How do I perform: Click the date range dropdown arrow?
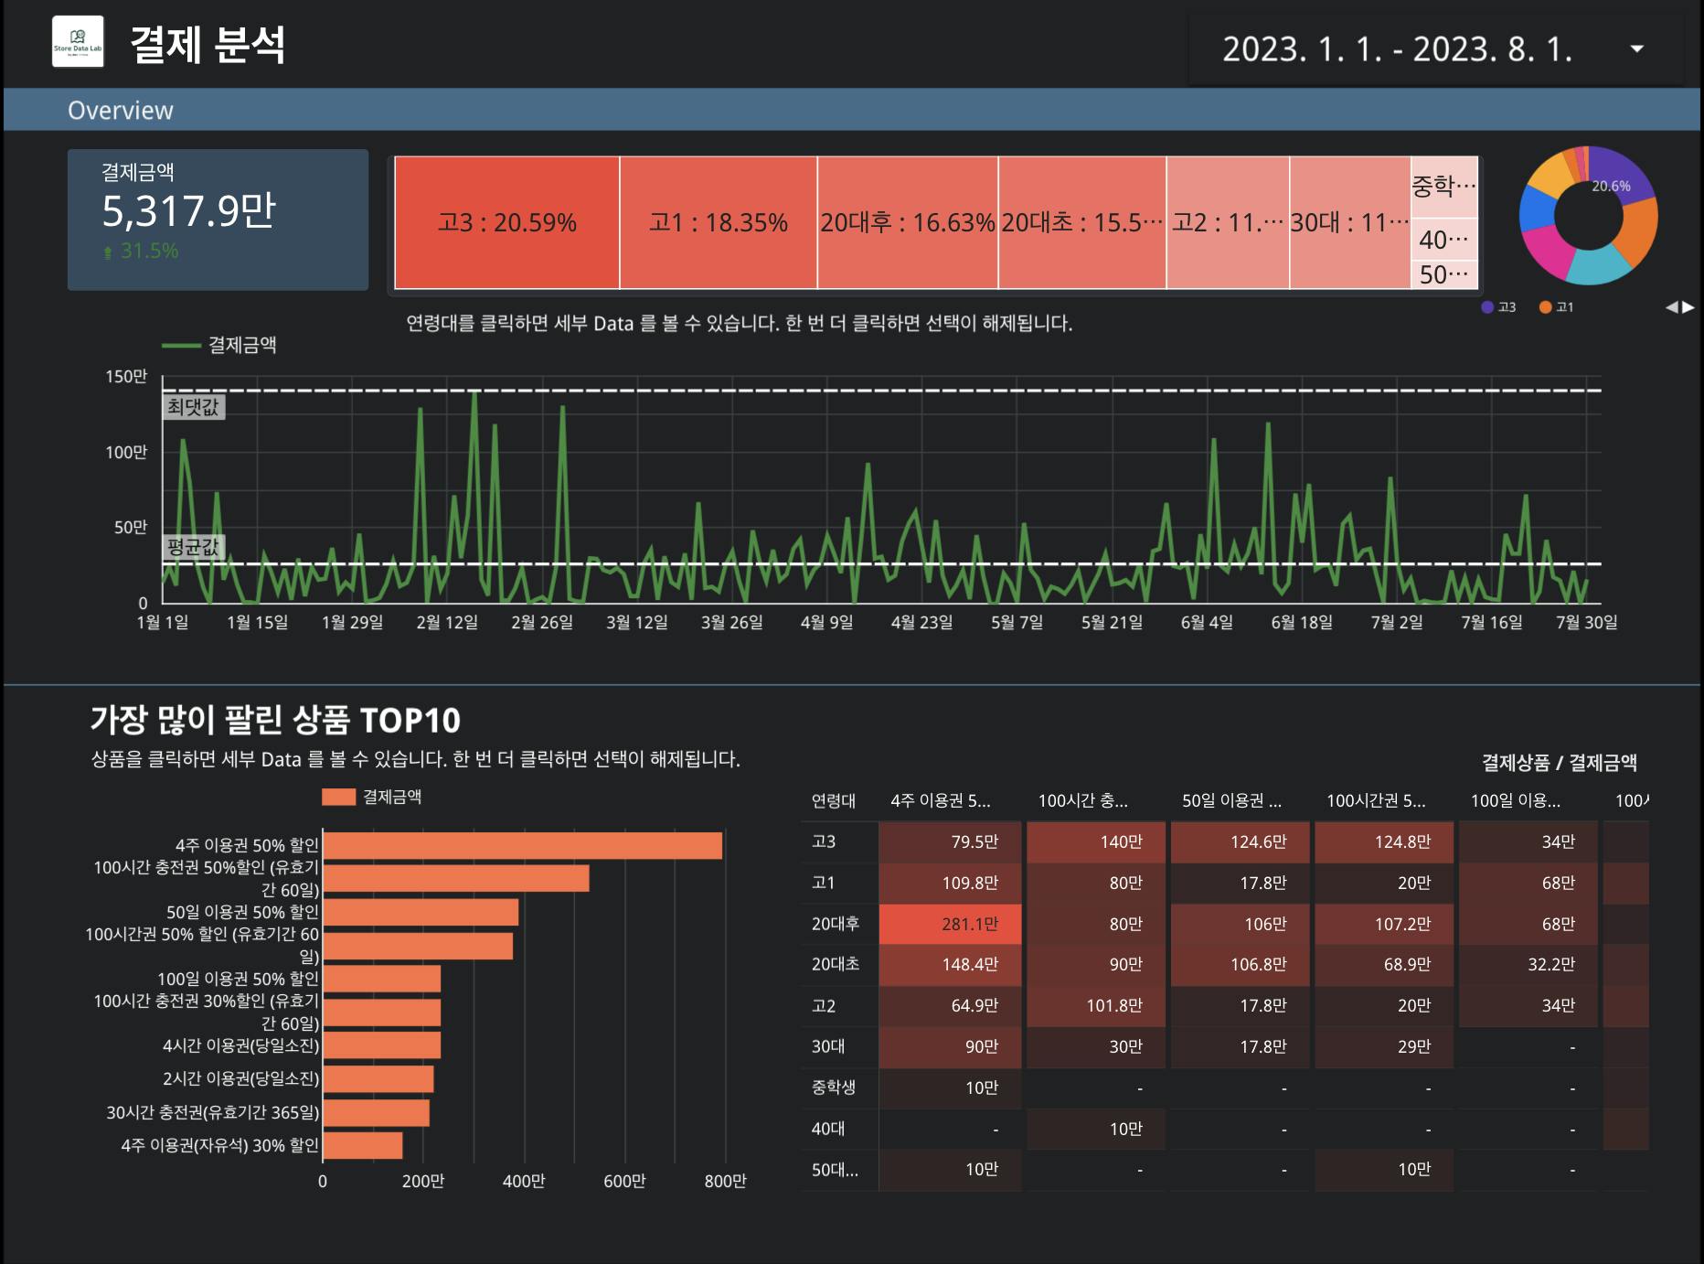[1636, 49]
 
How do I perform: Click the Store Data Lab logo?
[78, 42]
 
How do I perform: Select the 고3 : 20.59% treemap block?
[506, 222]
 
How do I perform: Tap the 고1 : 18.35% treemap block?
[718, 222]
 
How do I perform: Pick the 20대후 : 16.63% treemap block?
[907, 222]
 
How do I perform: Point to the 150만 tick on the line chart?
[126, 376]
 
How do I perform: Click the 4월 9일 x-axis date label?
[826, 622]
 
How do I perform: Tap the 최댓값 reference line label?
[193, 407]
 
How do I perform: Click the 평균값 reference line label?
[193, 547]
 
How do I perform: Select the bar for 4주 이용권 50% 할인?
[522, 845]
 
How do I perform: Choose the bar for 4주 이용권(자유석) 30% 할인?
[363, 1145]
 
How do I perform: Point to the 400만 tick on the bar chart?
[524, 1181]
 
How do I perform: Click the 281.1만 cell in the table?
[951, 924]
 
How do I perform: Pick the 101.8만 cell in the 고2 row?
[1096, 1005]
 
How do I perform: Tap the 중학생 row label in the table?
[834, 1087]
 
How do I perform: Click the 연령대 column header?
[834, 801]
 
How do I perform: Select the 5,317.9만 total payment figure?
[188, 211]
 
